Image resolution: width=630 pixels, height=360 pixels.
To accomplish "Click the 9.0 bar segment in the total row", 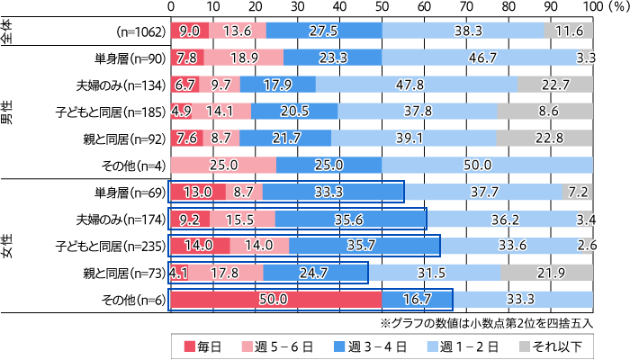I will pos(189,31).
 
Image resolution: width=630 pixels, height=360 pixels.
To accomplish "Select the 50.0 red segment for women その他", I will pos(275,299).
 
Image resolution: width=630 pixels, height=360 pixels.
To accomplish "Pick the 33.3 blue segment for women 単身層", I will pos(333,192).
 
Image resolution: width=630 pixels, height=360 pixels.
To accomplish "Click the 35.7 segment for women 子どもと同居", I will pos(364,245).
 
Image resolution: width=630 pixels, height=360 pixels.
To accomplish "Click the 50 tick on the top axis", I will pos(382,6).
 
